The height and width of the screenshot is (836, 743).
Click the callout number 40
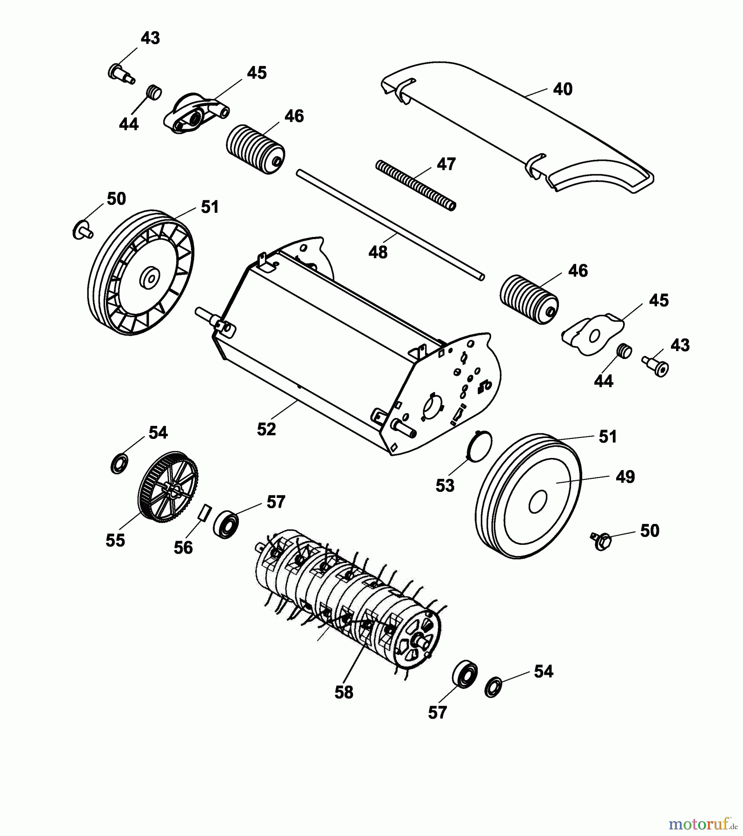[562, 89]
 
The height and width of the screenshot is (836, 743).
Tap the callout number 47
[446, 164]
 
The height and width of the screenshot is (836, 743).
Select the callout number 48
[378, 252]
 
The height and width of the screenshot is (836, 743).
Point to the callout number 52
[266, 429]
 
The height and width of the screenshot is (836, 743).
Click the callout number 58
[344, 692]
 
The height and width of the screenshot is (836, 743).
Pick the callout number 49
[625, 477]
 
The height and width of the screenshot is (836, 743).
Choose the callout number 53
[445, 485]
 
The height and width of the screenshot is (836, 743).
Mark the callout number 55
[115, 540]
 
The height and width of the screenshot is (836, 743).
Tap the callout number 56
[183, 548]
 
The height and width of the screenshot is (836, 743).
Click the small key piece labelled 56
[205, 512]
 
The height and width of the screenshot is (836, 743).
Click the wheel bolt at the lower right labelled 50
[600, 541]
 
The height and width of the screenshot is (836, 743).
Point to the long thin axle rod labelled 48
[390, 225]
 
